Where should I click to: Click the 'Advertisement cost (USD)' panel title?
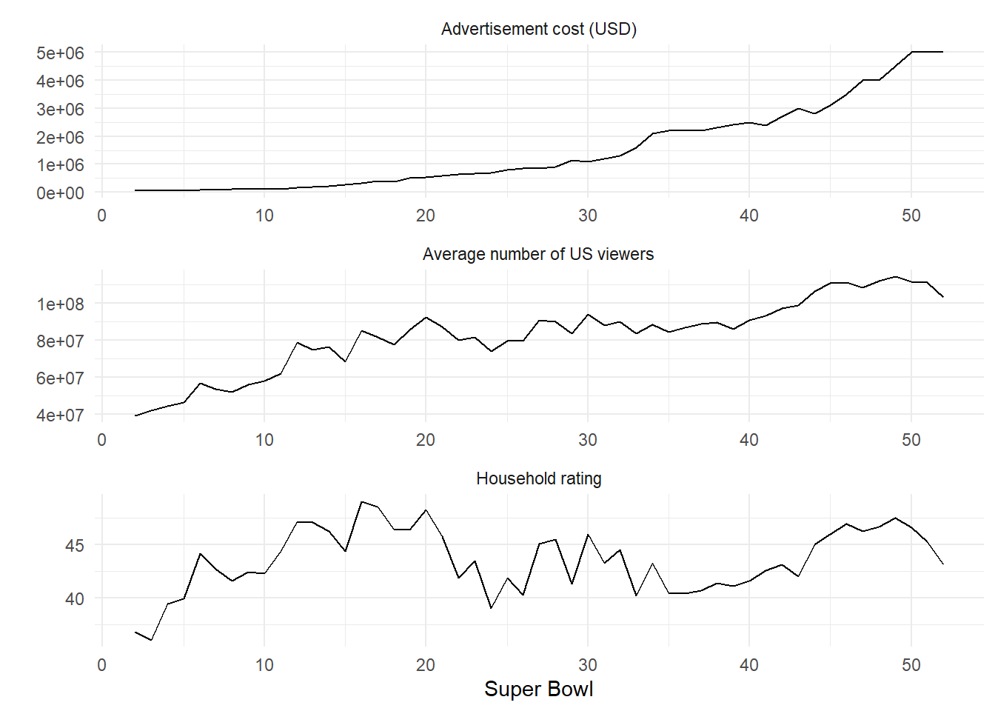pos(538,30)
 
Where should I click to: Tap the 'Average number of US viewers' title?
pos(538,254)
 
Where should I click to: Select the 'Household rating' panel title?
pos(538,478)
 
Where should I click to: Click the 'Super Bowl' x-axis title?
pos(538,690)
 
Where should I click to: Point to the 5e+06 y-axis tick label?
pos(60,53)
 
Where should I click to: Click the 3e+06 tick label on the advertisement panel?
pos(60,109)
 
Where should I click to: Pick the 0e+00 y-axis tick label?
pos(60,193)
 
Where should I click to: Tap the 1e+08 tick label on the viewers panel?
pos(60,304)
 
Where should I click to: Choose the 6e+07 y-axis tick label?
pos(60,378)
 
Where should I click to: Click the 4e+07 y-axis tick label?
pos(60,415)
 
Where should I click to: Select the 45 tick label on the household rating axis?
pos(74,545)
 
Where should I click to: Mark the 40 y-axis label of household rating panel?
pos(74,599)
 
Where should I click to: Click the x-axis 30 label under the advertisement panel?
pos(587,216)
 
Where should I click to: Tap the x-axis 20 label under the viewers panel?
pos(426,440)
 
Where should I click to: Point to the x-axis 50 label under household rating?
pos(911,665)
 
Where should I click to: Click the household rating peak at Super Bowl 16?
pos(361,501)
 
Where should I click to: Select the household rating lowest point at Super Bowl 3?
pos(152,640)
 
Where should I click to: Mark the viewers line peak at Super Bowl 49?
pos(895,277)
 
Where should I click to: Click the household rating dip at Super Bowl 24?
pos(491,608)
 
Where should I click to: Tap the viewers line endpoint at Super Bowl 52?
pos(943,297)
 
